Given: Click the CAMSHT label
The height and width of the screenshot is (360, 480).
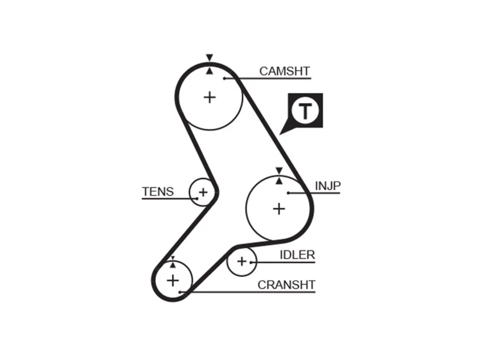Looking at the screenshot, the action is (x=285, y=71).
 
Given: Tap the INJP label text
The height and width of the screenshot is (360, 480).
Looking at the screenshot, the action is (x=328, y=186).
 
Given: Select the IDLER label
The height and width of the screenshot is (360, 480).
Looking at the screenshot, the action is (x=297, y=255).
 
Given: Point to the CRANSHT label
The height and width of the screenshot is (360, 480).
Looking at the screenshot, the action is (x=286, y=285).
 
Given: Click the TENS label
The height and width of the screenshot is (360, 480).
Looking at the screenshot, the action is (x=158, y=192).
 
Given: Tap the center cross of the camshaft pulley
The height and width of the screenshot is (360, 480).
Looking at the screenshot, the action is (x=210, y=97).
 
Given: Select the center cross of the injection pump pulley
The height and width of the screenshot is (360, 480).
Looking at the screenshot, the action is (x=279, y=209).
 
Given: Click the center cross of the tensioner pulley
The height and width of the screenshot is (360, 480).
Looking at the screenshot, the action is (x=203, y=192).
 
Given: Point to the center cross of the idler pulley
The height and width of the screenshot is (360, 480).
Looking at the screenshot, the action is (x=241, y=261).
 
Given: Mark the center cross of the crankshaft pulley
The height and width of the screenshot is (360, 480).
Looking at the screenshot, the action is (x=173, y=280).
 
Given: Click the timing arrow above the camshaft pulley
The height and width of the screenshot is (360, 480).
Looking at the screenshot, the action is (x=210, y=57).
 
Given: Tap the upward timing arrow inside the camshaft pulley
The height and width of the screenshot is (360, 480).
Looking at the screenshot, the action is (x=210, y=71).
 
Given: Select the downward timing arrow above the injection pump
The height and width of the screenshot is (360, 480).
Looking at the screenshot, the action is (x=279, y=171).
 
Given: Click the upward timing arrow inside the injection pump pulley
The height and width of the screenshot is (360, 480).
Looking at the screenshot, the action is (x=279, y=181).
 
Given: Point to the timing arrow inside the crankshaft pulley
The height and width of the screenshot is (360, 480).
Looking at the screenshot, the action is (x=173, y=265).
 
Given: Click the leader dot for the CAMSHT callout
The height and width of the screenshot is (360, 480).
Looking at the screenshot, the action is (x=224, y=78).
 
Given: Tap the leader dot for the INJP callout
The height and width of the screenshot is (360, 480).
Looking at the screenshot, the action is (x=288, y=193).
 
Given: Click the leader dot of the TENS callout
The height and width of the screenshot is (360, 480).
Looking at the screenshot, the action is (x=197, y=198).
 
